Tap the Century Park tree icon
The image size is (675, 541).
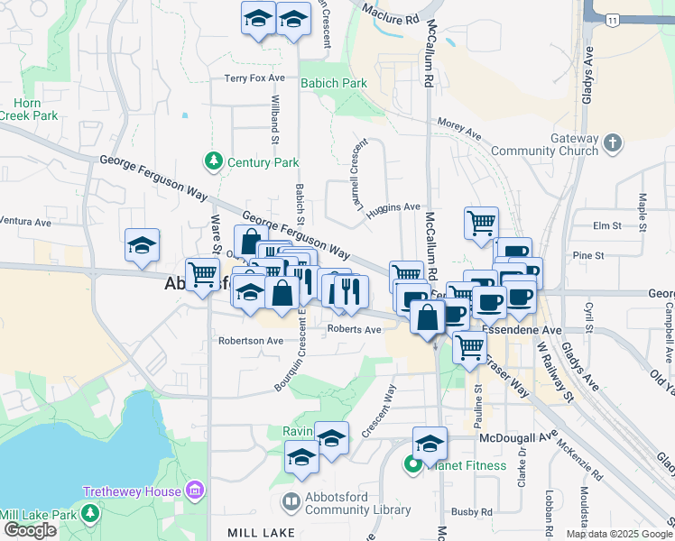(x=214, y=162)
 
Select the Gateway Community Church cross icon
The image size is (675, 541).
(x=613, y=143)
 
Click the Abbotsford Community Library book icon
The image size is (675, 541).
(x=291, y=501)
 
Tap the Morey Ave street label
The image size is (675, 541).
(x=459, y=127)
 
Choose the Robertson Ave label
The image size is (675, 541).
(x=250, y=341)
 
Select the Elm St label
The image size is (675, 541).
(x=603, y=225)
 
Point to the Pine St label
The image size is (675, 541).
(x=587, y=256)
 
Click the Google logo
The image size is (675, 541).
(x=30, y=530)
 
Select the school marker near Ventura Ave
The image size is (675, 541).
(x=142, y=245)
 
